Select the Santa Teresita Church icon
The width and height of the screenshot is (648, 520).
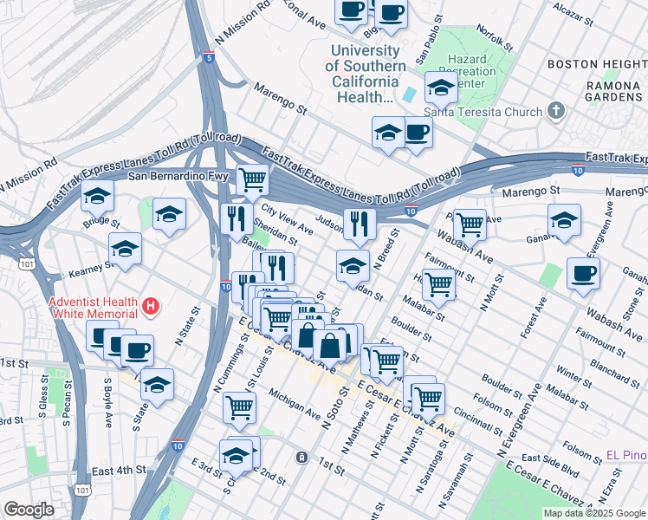[555, 111]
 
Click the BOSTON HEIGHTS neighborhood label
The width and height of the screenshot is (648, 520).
[596, 65]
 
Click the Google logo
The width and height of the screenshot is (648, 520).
[29, 509]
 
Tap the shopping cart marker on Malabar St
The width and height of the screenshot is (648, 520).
[440, 283]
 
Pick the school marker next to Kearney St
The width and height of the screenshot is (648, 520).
[126, 249]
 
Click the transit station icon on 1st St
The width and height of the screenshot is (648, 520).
[300, 457]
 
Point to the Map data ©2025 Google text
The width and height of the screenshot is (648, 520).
[595, 513]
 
